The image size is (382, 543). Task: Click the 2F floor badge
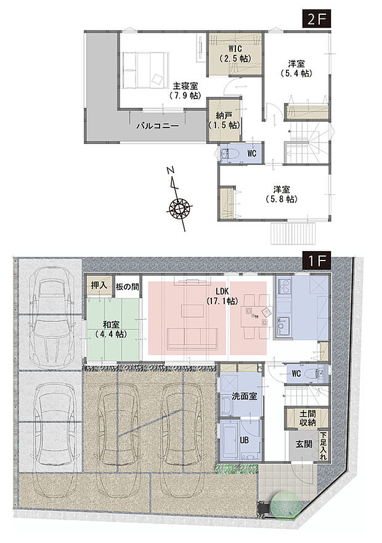[317, 18]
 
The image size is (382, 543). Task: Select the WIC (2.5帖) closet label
[235, 54]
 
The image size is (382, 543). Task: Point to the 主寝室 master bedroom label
[184, 90]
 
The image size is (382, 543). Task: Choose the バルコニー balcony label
[157, 125]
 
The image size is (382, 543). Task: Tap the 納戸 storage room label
[224, 119]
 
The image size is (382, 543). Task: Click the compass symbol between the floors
[179, 207]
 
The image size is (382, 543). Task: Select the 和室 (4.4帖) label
[112, 329]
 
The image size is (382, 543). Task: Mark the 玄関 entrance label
[303, 444]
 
